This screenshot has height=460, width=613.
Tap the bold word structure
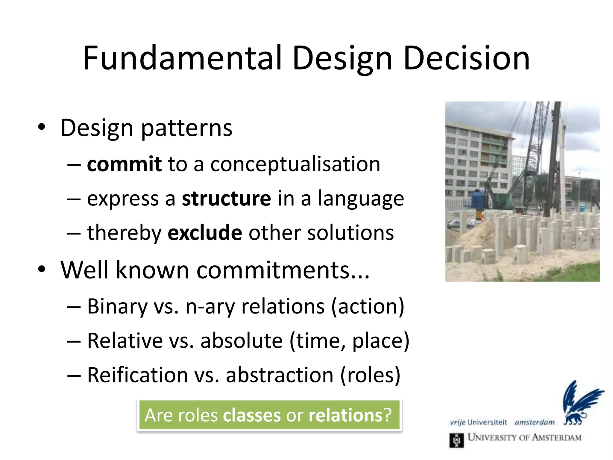point(226,199)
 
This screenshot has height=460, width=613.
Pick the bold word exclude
point(205,233)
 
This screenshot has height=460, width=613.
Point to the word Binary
point(117,306)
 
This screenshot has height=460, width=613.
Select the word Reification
point(137,375)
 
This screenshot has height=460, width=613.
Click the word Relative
point(125,341)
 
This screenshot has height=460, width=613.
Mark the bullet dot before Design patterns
point(42,127)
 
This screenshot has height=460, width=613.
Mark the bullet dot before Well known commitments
point(42,269)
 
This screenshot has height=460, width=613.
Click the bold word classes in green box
point(251,415)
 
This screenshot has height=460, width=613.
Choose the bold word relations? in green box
point(350,415)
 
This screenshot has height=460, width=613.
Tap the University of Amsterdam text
point(524,438)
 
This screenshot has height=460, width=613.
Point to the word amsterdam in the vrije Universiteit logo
point(535,423)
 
